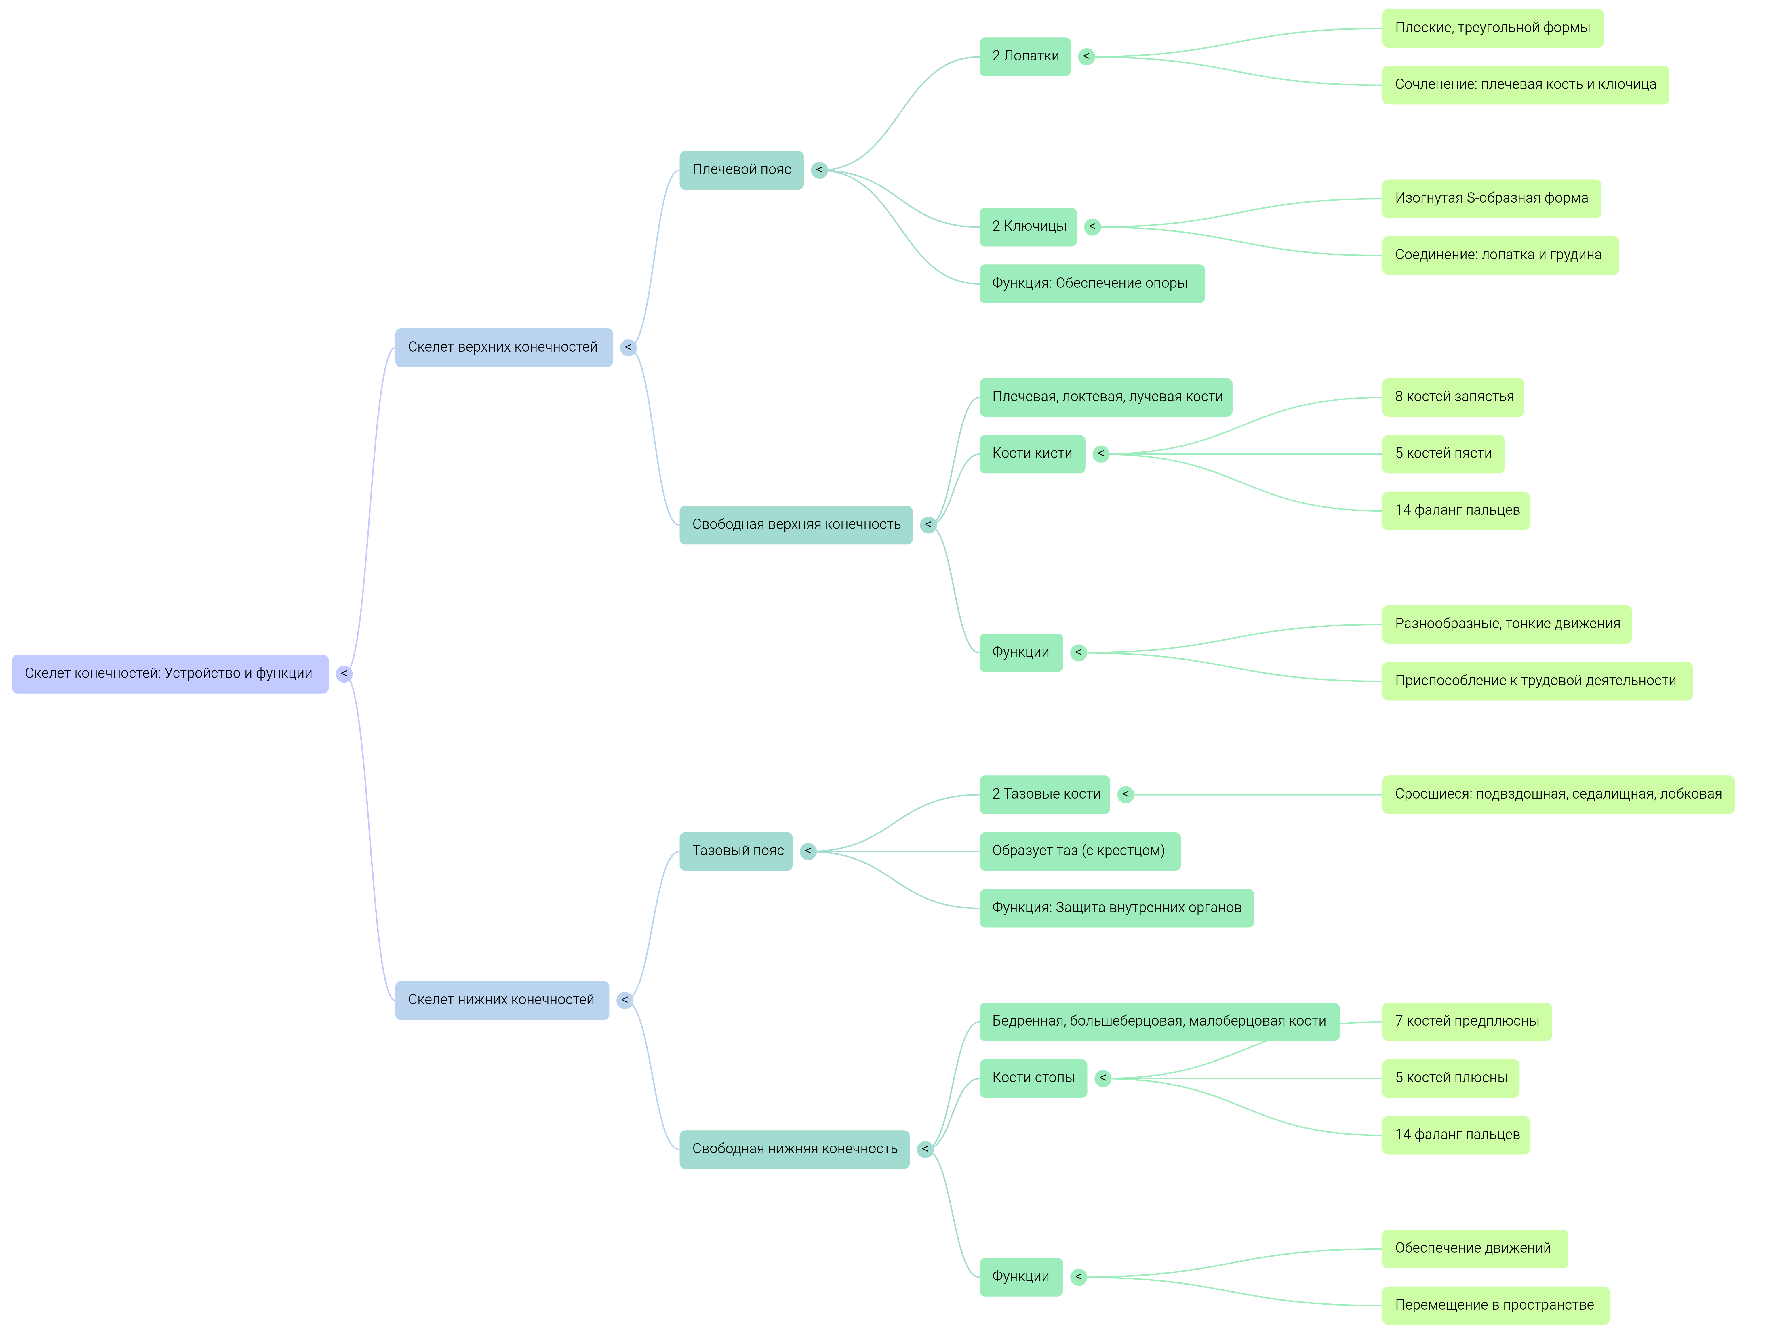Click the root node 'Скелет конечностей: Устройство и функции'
170,673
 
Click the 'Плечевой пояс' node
741,170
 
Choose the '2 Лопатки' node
1025,56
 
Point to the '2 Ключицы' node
1029,227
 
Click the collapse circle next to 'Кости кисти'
1101,454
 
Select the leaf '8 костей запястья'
1453,397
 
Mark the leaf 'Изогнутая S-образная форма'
1491,199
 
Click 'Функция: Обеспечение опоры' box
1091,283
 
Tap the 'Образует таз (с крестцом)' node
1079,851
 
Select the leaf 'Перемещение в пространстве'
1495,1305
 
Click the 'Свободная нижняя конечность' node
794,1149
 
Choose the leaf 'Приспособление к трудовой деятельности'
1536,681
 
